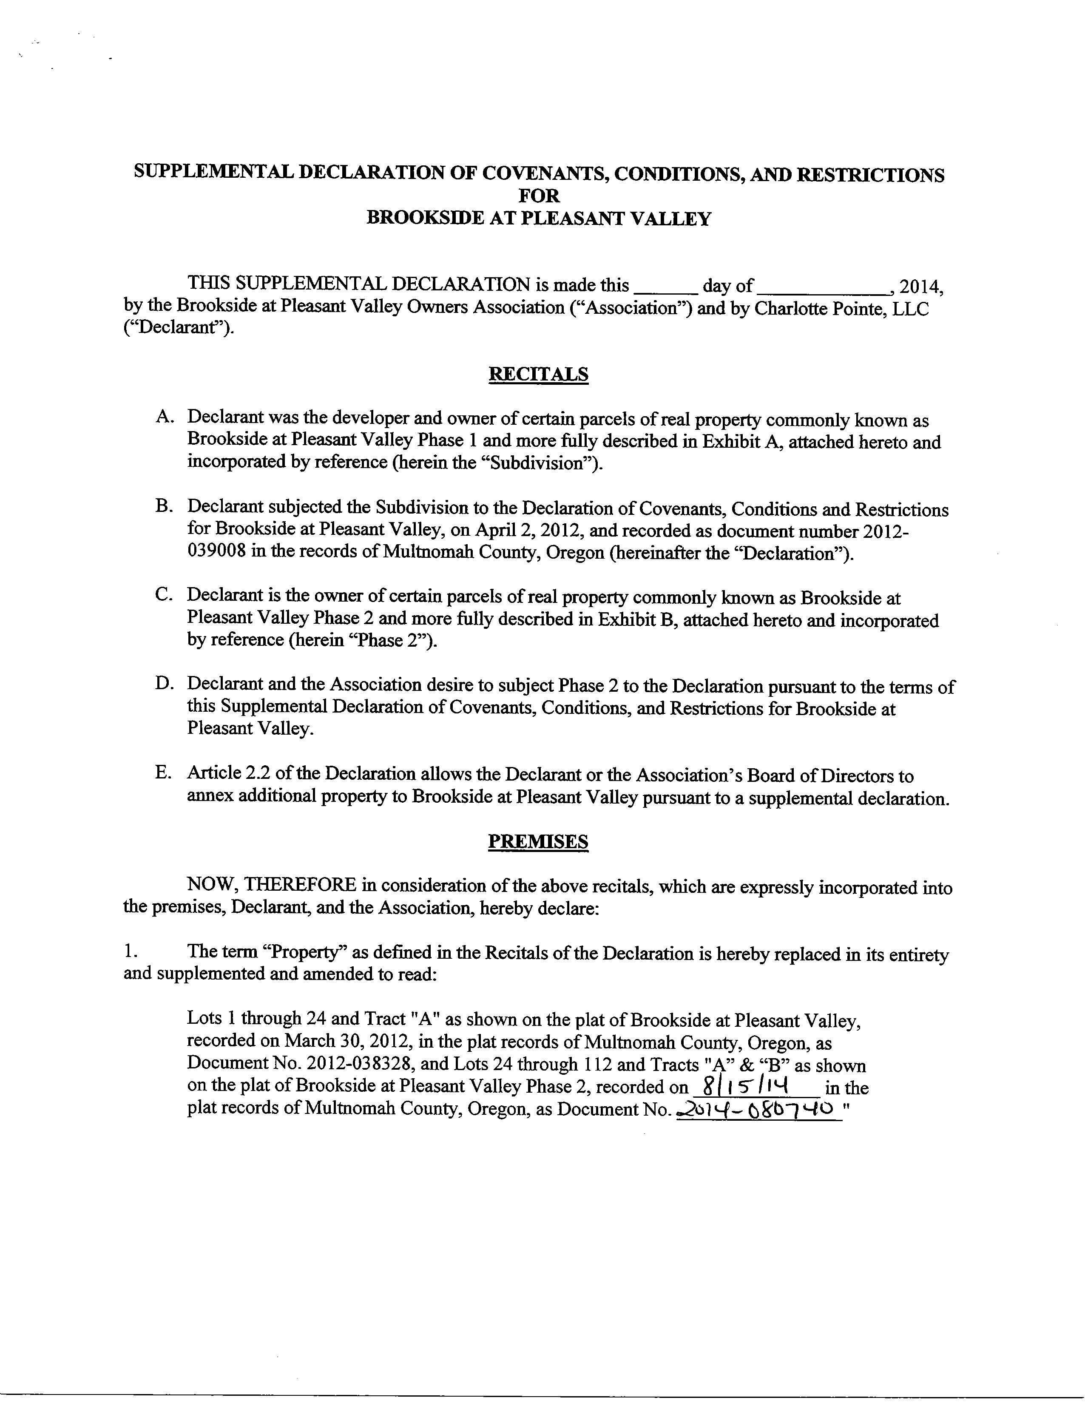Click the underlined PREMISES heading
538,841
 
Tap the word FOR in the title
538,196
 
